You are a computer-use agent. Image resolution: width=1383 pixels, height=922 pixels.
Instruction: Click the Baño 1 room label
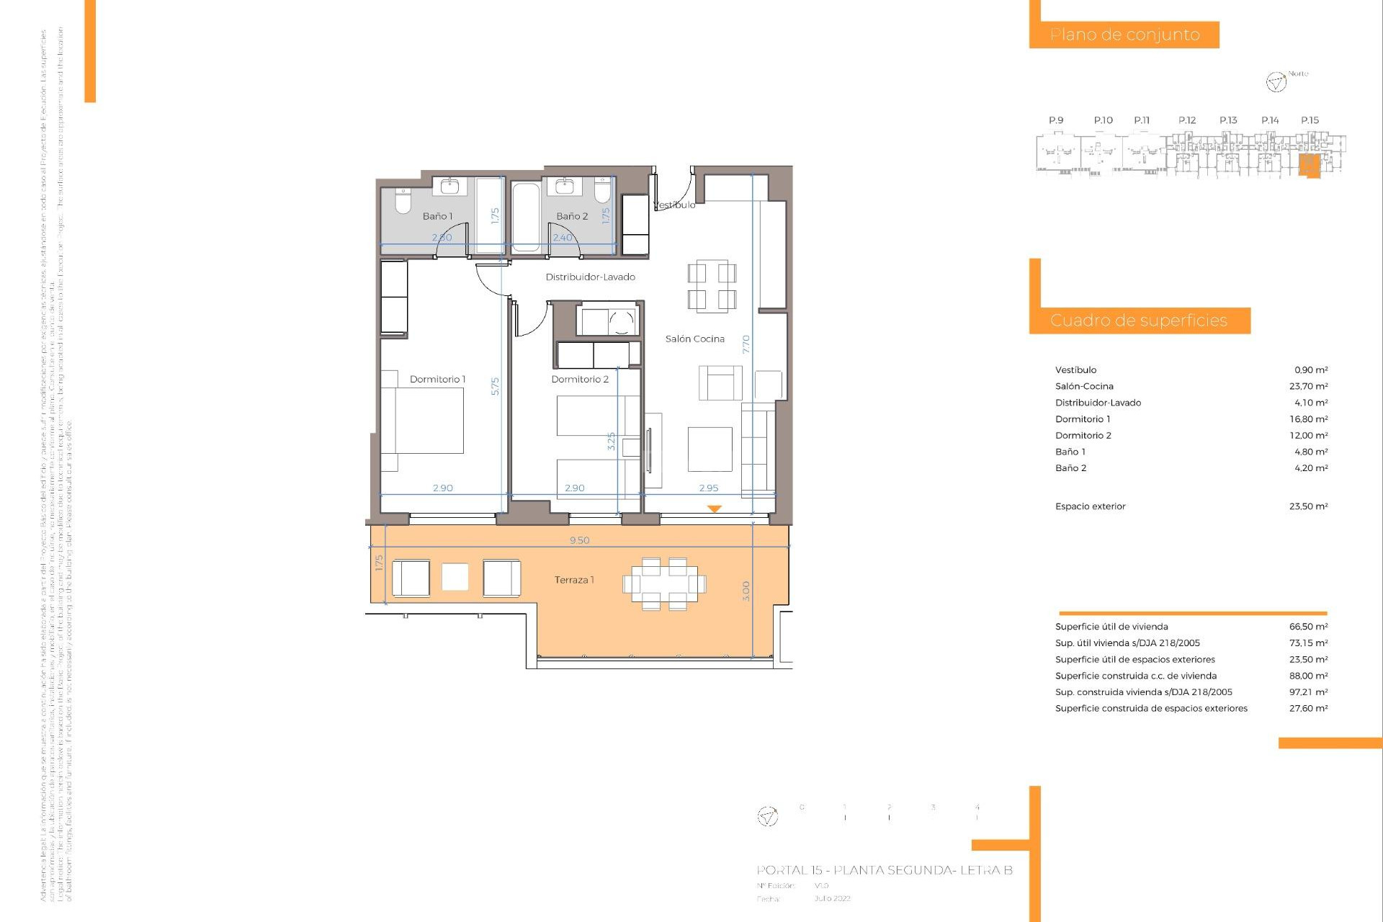coord(437,216)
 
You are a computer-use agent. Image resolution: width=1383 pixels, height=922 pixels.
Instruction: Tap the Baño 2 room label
coord(572,216)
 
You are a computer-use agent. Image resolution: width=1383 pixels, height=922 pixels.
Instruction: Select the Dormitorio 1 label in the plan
coord(437,379)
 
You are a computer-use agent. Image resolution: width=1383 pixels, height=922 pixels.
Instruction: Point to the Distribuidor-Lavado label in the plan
coord(590,277)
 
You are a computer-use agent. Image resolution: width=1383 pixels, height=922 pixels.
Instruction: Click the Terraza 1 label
coord(574,580)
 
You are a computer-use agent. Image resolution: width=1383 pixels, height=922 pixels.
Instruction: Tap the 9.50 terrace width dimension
coord(579,540)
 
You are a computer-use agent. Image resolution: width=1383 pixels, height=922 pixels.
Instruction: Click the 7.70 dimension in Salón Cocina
coord(746,344)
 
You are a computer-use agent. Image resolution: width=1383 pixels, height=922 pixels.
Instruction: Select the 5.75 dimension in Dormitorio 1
coord(495,386)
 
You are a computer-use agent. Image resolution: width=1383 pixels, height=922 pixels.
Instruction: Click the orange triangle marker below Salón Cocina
coord(714,509)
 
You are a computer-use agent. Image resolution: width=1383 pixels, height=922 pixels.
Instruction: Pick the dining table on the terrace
coord(664,583)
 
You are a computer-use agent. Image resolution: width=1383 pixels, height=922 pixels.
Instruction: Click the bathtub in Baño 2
coord(525,217)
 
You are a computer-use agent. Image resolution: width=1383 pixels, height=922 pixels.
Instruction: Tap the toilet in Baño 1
coord(403,201)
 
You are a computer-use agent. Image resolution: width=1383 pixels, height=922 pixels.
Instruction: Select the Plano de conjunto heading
coord(1124,35)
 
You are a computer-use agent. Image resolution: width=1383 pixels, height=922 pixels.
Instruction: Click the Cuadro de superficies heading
coord(1138,321)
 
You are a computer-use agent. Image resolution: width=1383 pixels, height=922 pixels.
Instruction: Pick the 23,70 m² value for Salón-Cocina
coord(1308,386)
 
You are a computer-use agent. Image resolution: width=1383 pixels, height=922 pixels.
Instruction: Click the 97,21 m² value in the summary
coord(1308,692)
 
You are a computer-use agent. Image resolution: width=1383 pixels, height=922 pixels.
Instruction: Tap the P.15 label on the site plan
coord(1310,120)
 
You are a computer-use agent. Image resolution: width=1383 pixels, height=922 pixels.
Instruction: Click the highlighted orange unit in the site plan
coord(1309,165)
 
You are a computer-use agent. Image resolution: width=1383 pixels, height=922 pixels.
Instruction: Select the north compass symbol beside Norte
coord(1276,82)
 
